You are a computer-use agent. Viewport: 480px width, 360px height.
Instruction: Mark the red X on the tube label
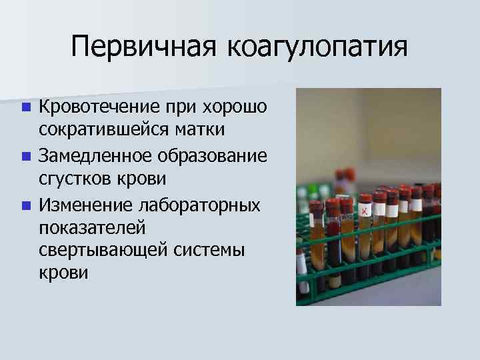click(x=365, y=211)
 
